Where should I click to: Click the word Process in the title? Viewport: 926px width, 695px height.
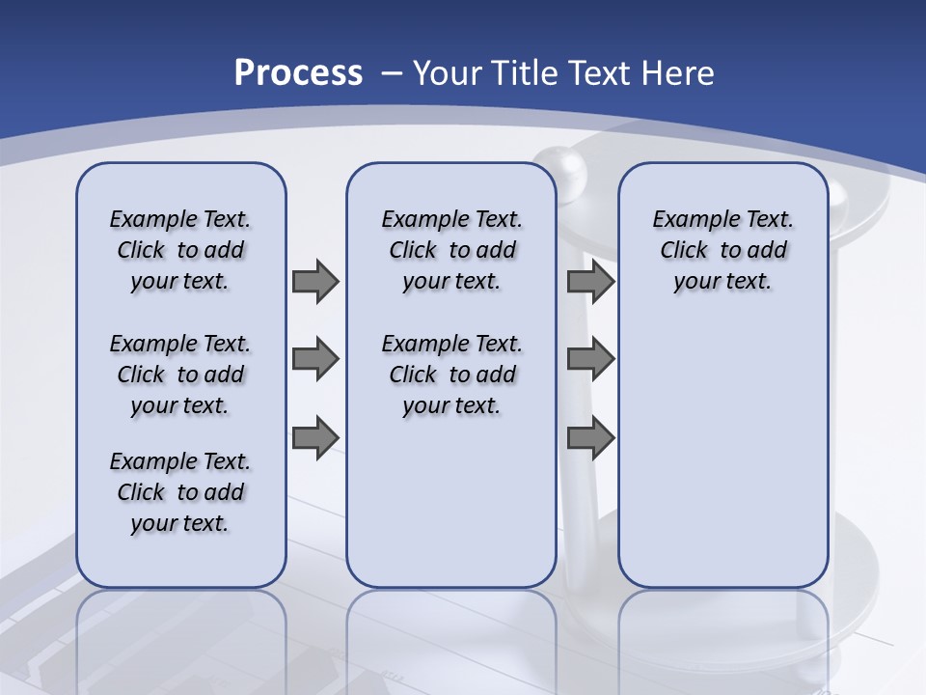(x=298, y=72)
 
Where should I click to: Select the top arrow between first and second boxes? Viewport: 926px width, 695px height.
(x=315, y=281)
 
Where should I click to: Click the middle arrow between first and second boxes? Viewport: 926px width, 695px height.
(x=315, y=359)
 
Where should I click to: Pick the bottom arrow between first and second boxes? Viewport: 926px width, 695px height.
(x=315, y=437)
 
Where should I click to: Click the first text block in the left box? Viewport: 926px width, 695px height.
(x=180, y=250)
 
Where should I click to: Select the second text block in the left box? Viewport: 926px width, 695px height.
(x=180, y=375)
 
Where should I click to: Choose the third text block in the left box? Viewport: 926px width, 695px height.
(x=180, y=492)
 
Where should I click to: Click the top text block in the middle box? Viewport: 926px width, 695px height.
(x=451, y=250)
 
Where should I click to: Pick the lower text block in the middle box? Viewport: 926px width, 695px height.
(x=451, y=375)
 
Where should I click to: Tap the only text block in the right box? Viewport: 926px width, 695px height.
(x=722, y=250)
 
